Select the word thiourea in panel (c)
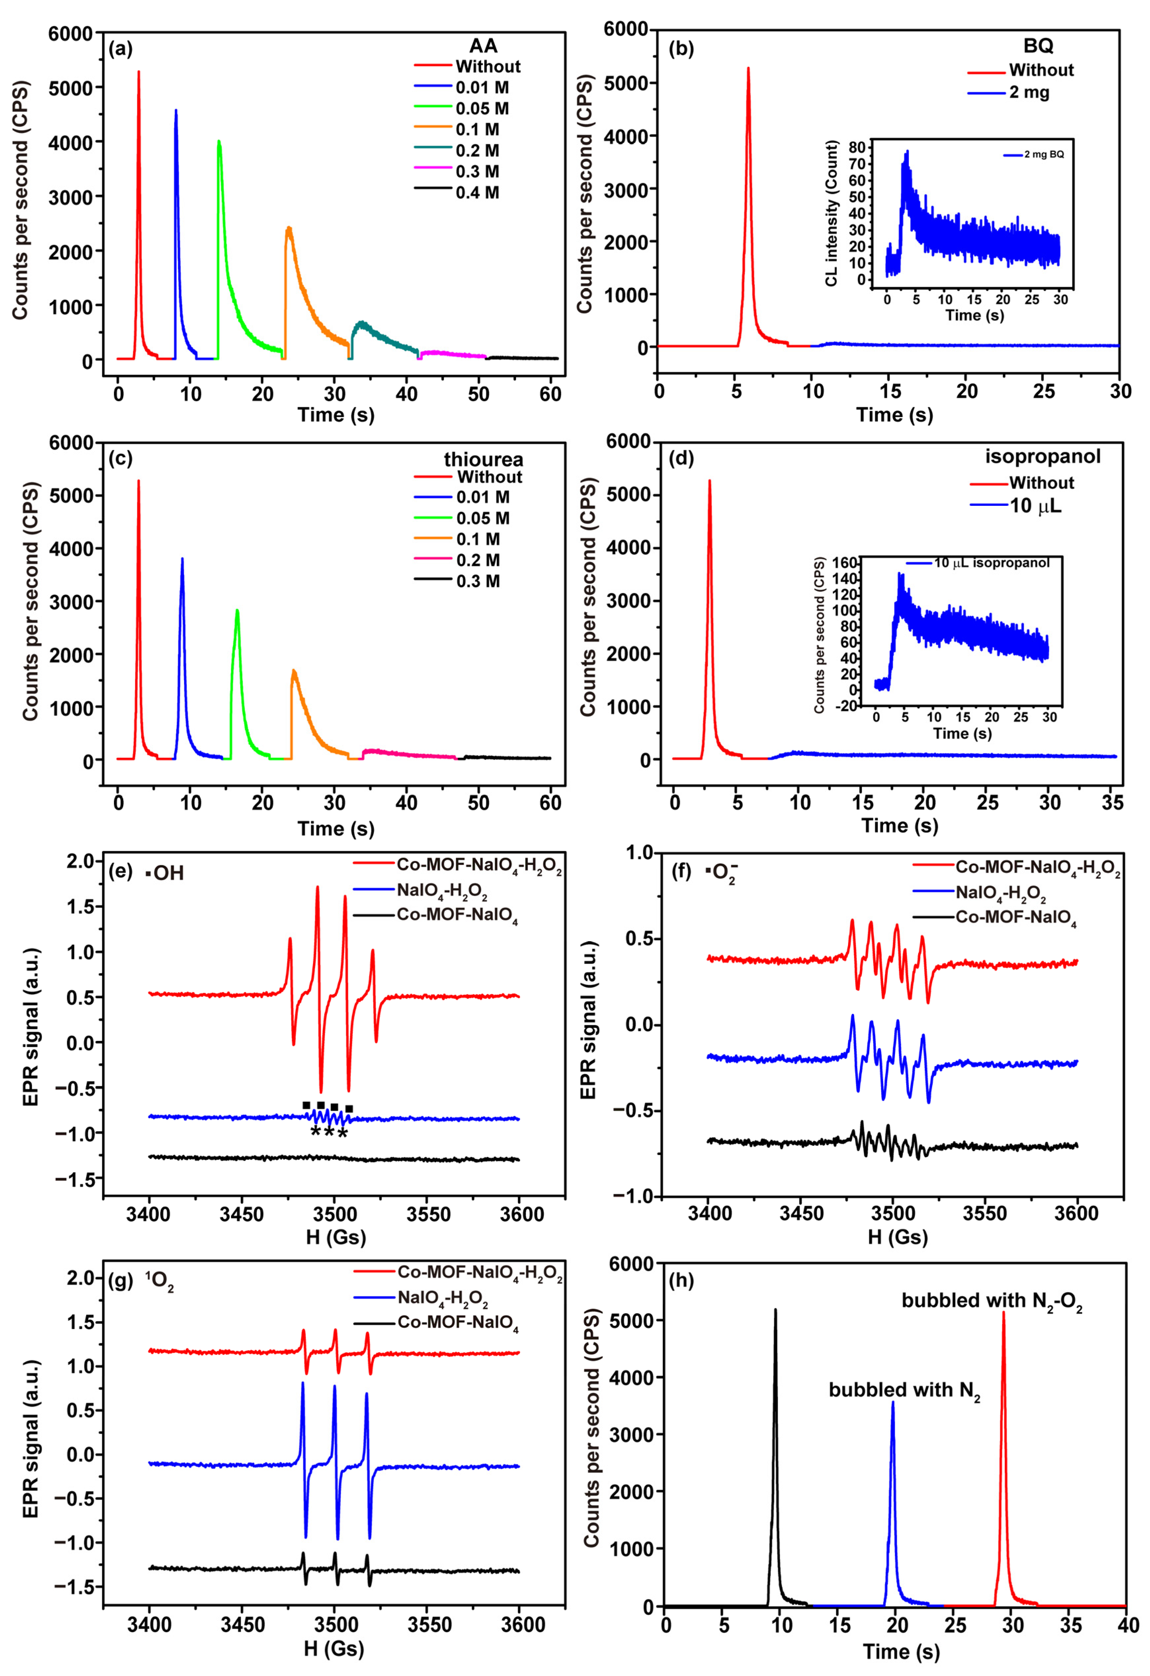(483, 459)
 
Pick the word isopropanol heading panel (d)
(1043, 457)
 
